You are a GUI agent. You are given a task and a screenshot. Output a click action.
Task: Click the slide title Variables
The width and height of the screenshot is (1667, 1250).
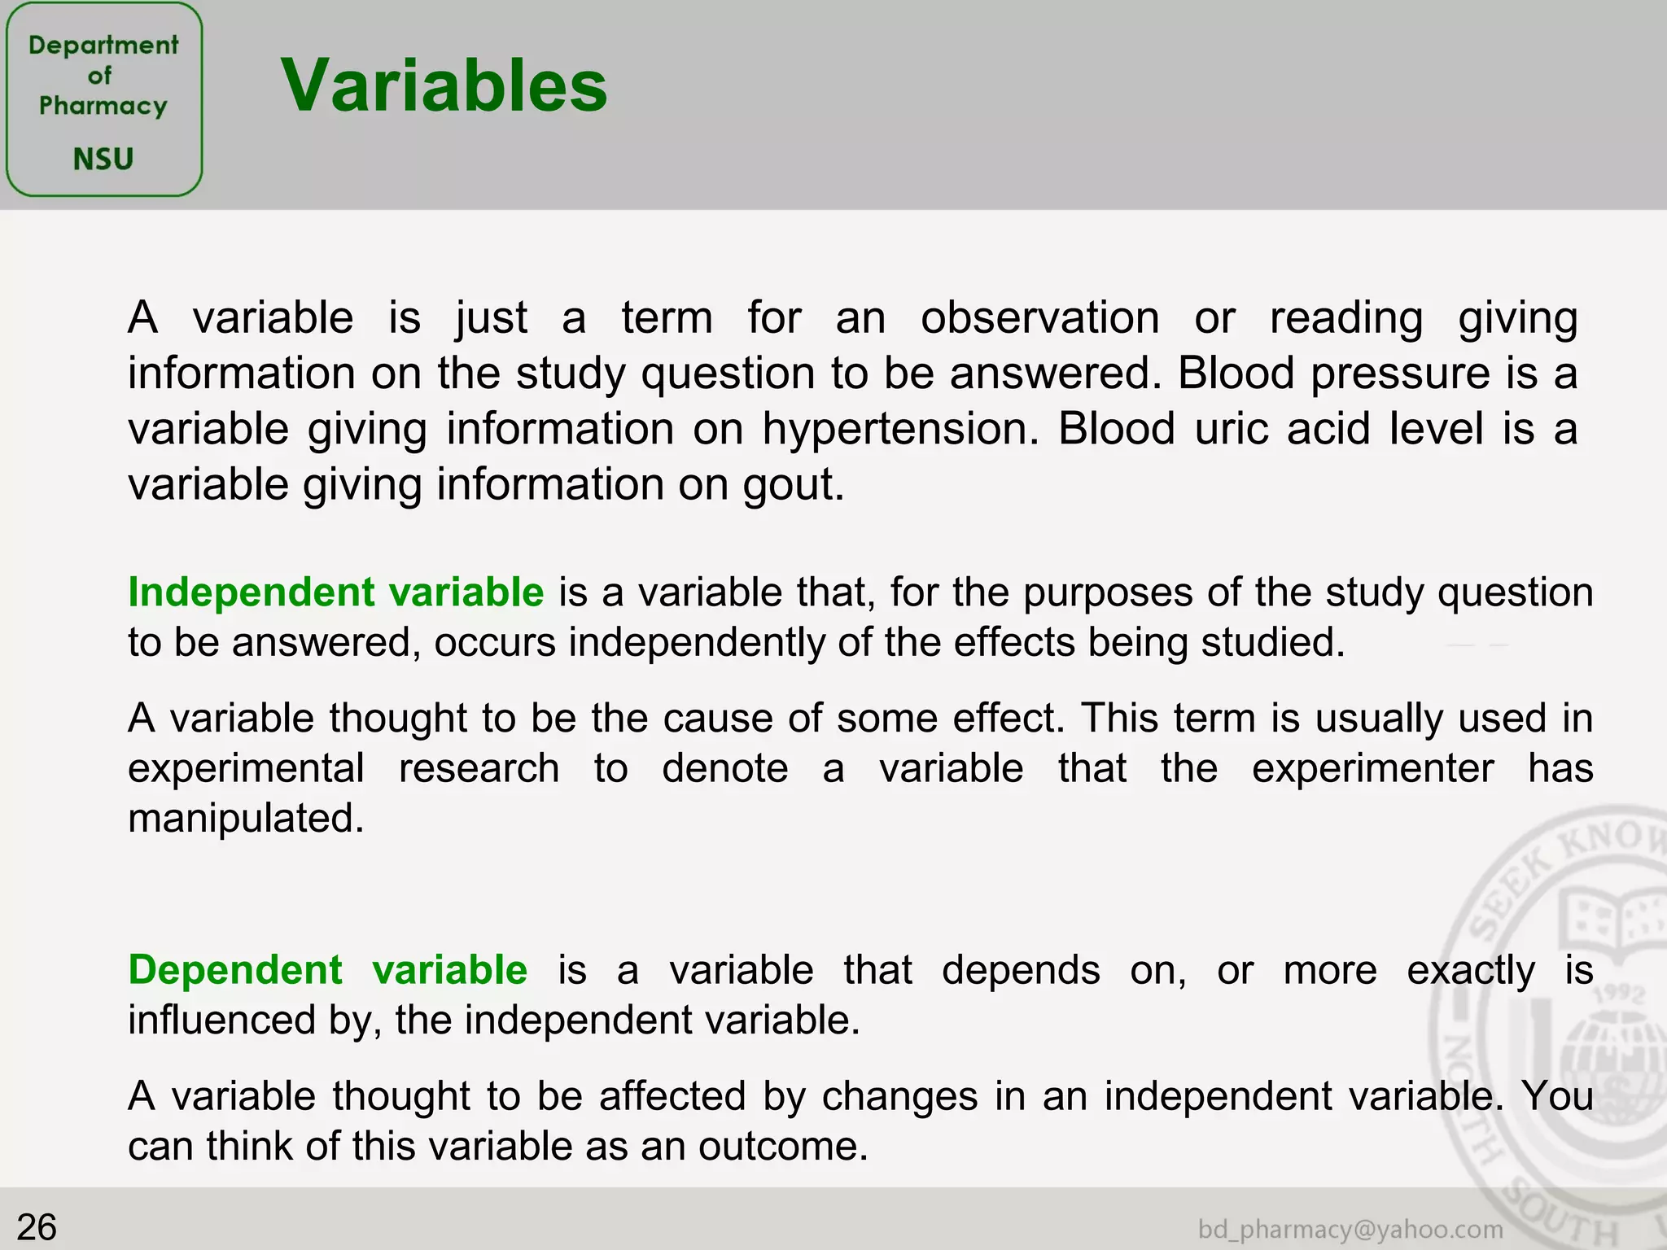click(444, 85)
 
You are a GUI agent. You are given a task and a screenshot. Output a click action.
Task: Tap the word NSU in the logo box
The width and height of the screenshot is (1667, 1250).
click(103, 159)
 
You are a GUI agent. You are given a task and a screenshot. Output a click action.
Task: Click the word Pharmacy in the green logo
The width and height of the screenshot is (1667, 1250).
click(103, 106)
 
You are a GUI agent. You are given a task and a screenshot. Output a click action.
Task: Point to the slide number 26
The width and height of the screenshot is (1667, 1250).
click(37, 1226)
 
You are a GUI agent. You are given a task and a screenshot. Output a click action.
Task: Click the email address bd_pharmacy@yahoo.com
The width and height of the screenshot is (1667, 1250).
click(1350, 1229)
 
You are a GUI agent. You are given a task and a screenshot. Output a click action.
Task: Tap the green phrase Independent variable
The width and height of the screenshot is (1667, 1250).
click(335, 592)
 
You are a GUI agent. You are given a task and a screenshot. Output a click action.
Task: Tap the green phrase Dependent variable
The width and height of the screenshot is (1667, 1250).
click(327, 970)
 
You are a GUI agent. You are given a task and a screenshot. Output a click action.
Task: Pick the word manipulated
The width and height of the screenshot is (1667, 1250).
click(245, 818)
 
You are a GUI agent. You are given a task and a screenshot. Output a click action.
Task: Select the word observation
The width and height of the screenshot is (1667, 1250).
click(1039, 317)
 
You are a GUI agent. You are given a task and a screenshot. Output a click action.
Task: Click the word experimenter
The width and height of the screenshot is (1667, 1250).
click(1372, 768)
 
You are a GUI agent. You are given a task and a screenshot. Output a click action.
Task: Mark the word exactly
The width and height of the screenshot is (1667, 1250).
click(1471, 970)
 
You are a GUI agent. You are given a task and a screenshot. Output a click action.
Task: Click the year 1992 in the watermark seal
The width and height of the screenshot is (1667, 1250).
click(1620, 995)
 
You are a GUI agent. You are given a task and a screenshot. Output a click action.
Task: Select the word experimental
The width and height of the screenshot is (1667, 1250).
click(246, 768)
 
